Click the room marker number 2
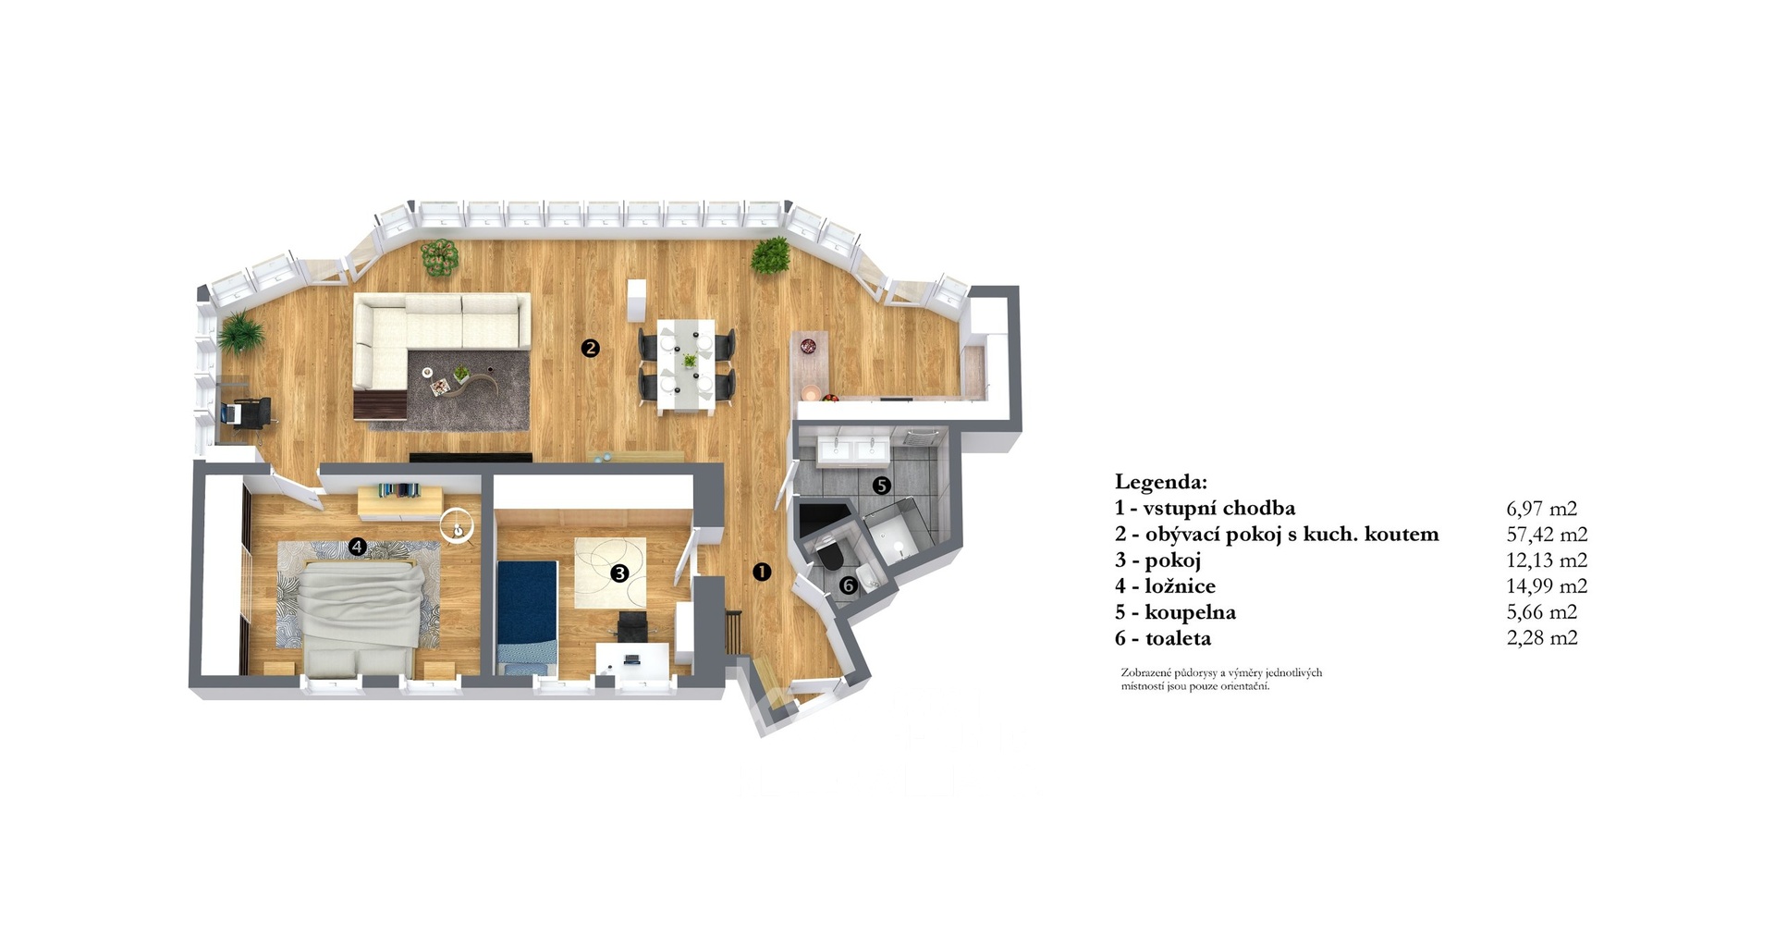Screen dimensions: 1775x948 click(590, 349)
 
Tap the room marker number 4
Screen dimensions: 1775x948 click(358, 547)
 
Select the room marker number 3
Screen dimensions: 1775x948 click(619, 573)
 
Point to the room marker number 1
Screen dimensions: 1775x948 click(762, 572)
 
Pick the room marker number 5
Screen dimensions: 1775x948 click(882, 485)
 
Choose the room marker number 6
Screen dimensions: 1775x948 click(849, 585)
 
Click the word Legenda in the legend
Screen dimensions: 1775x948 click(1160, 482)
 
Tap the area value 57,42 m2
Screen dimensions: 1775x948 click(1547, 534)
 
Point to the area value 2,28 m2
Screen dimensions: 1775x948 click(1542, 637)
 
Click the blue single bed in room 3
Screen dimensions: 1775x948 click(526, 615)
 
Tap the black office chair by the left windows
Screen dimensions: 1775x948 click(249, 412)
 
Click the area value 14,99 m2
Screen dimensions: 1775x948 click(1547, 585)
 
